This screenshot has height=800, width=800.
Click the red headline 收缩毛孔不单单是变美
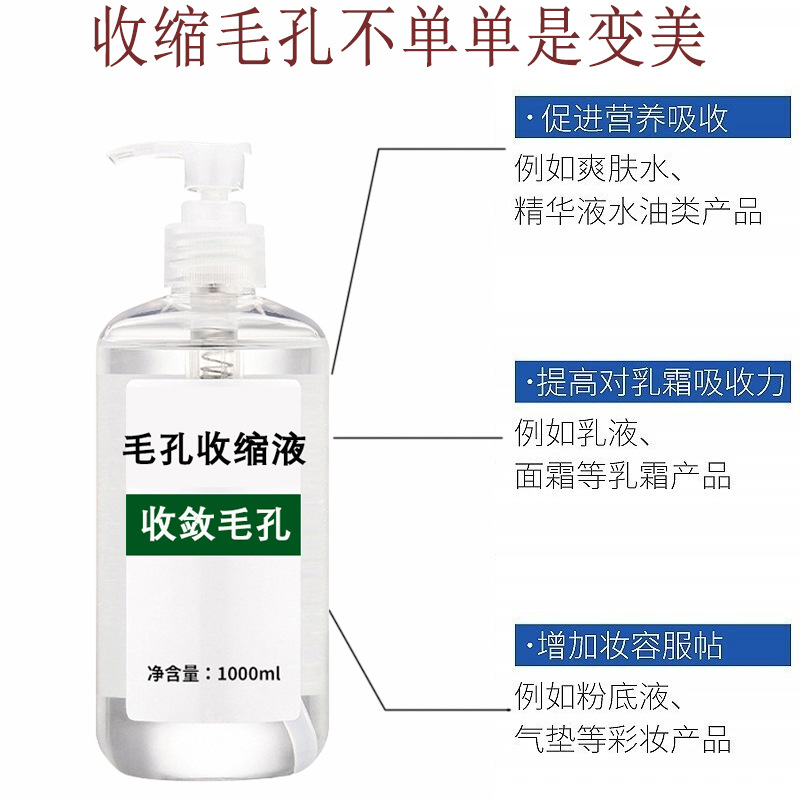coord(399,38)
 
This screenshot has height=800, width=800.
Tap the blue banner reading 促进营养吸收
coord(653,117)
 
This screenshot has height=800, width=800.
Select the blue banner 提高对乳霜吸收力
coord(653,382)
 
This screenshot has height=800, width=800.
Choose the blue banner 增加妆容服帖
coord(653,644)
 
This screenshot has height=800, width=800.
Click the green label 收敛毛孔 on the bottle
coord(213,524)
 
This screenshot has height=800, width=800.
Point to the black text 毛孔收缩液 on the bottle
coord(214,449)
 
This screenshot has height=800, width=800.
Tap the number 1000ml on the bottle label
coord(249,673)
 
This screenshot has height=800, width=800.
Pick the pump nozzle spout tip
coord(112,156)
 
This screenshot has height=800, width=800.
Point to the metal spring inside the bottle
coord(216,364)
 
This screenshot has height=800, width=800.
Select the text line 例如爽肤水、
coord(598,168)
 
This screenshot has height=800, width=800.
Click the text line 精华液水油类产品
coord(638,211)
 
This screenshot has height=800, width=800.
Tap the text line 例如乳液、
coord(582,433)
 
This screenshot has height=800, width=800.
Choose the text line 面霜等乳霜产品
coord(623,475)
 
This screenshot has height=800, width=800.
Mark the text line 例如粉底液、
coord(598,696)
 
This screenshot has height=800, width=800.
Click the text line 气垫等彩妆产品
coord(623,738)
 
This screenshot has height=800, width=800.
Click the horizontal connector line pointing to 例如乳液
coord(418,437)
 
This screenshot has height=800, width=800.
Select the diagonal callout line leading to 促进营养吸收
coord(356,261)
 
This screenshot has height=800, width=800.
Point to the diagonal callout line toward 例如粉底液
coord(357,659)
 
